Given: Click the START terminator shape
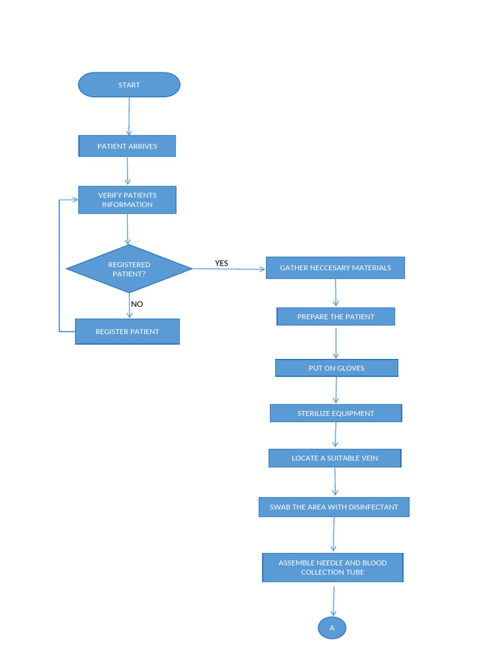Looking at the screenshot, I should (x=129, y=85).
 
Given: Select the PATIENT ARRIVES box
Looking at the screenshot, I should (x=127, y=146).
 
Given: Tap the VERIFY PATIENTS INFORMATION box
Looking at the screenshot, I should (x=127, y=200).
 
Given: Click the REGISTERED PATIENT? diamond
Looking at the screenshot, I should (x=129, y=269).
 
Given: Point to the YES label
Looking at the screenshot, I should (x=222, y=263).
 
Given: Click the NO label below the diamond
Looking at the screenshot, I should (x=137, y=304).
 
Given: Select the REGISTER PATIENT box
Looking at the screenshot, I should (x=127, y=332).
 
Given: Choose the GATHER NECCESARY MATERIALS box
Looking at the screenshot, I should (x=335, y=268).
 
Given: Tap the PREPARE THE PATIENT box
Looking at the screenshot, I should (x=335, y=317).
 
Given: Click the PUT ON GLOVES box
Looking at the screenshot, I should (x=336, y=368).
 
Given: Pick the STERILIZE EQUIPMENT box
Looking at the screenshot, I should (x=336, y=413).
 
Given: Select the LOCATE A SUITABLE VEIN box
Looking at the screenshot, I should (x=335, y=458).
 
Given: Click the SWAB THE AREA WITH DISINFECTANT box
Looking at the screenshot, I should (x=334, y=507).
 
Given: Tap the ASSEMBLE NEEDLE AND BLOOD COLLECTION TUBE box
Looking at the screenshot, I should (x=333, y=567).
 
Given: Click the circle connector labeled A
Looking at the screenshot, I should (x=332, y=628).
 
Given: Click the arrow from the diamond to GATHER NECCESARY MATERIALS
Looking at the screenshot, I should (x=228, y=268).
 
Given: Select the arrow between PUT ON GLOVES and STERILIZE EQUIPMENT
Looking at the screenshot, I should (x=337, y=390).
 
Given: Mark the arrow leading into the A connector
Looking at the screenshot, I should (x=333, y=601).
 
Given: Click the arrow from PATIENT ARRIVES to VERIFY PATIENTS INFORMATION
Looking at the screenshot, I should (x=128, y=171).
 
